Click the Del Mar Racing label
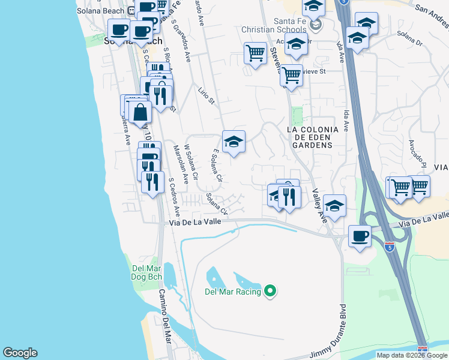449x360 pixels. point(232,292)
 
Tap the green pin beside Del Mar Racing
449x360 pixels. point(270,292)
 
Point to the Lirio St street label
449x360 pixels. point(206,95)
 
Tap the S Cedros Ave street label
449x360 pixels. point(175,196)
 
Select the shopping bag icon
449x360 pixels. point(140,112)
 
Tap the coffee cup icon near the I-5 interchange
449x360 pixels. point(360,236)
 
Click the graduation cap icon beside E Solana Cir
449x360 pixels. point(234,142)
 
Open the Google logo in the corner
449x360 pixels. point(20,353)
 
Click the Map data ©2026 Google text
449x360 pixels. point(412,355)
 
